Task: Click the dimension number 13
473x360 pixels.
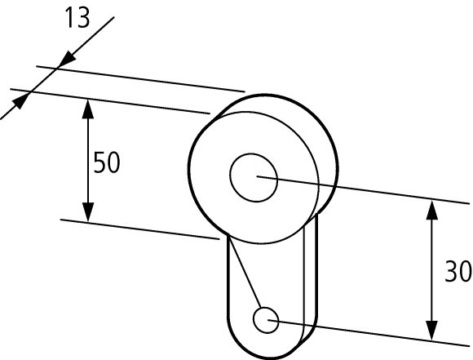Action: pyautogui.click(x=77, y=18)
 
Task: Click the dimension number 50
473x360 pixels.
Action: pyautogui.click(x=107, y=162)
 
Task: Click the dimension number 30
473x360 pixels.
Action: pyautogui.click(x=458, y=272)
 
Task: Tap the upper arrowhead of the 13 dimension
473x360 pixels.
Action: pyautogui.click(x=68, y=58)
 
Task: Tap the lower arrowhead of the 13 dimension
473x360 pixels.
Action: pyautogui.click(x=20, y=102)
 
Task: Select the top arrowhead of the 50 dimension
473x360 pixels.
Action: pyautogui.click(x=88, y=109)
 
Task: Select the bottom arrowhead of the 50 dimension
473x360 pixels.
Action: pyautogui.click(x=88, y=212)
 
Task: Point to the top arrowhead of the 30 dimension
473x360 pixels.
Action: pyautogui.click(x=432, y=210)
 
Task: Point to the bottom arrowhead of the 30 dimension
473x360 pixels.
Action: pyautogui.click(x=432, y=331)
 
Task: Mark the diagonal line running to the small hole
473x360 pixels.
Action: pyautogui.click(x=245, y=271)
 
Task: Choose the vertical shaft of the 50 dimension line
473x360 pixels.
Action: pyautogui.click(x=88, y=160)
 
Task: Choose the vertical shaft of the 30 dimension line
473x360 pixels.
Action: pyautogui.click(x=432, y=270)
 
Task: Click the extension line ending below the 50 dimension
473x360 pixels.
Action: pyautogui.click(x=140, y=229)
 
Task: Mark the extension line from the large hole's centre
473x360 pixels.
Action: pyautogui.click(x=363, y=190)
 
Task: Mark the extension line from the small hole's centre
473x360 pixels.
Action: pyautogui.click(x=369, y=333)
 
